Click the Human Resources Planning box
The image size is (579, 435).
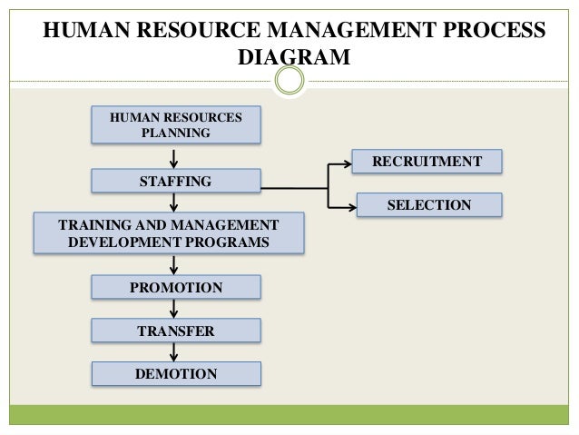pos(176,125)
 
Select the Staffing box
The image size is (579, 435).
pos(176,183)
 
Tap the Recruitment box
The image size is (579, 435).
pos(428,162)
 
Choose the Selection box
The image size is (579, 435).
pos(428,205)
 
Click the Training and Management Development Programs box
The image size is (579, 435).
pos(169,233)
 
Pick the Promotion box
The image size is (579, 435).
pos(176,288)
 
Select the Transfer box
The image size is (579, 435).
pos(176,331)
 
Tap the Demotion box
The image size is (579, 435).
pos(176,373)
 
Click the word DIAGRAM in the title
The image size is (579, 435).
pos(293,57)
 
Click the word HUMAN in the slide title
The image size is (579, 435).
pos(86,29)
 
